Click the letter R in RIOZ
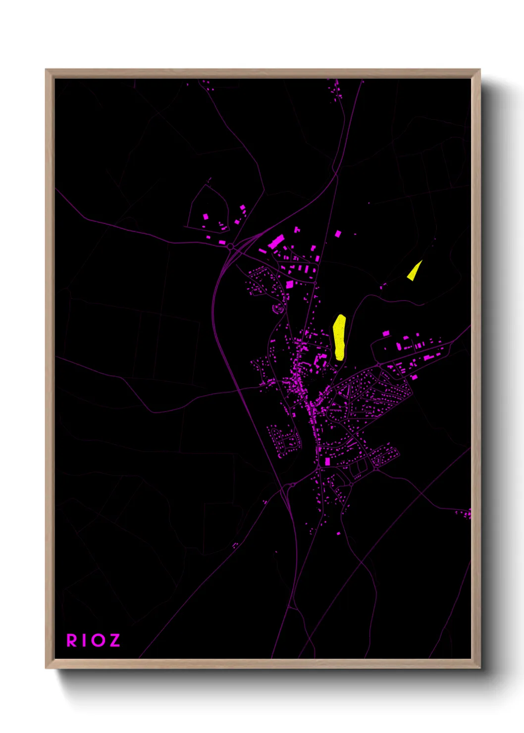coord(72,640)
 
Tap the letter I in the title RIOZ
coord(84,640)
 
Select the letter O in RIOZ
coord(97,640)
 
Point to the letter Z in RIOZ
coord(114,640)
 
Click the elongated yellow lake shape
coord(339,337)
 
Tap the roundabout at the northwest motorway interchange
coord(230,246)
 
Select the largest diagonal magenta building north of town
coord(276,242)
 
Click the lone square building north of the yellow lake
coord(338,233)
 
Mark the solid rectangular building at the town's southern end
coord(327,462)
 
